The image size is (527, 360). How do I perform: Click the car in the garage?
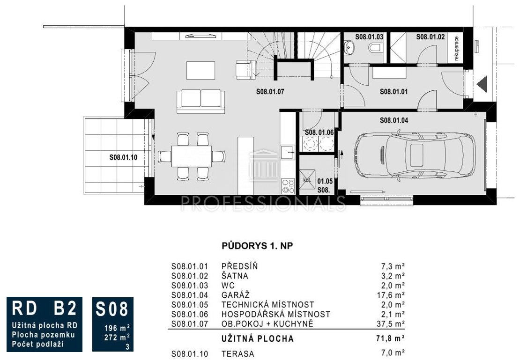click(415, 155)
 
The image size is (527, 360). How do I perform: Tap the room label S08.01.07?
click(270, 91)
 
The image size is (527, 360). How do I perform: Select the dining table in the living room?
click(192, 156)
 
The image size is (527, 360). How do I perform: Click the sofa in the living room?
click(200, 102)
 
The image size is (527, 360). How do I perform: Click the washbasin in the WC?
click(349, 47)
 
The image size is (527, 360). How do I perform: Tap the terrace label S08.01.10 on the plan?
click(123, 157)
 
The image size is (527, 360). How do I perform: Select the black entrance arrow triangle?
click(482, 84)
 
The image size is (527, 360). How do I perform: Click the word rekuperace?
click(456, 48)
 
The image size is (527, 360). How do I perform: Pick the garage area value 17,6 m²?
click(391, 295)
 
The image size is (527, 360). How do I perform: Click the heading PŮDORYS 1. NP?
click(257, 246)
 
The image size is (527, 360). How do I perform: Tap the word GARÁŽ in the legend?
click(235, 295)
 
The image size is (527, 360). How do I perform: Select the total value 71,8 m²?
click(390, 338)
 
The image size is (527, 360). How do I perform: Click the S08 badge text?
click(112, 309)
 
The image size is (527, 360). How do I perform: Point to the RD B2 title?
click(45, 309)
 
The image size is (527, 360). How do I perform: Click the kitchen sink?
click(288, 152)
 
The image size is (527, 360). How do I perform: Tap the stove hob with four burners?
click(288, 186)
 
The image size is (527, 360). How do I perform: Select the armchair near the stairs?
click(245, 69)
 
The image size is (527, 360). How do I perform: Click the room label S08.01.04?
click(394, 120)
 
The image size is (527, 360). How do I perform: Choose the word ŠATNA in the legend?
click(235, 276)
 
